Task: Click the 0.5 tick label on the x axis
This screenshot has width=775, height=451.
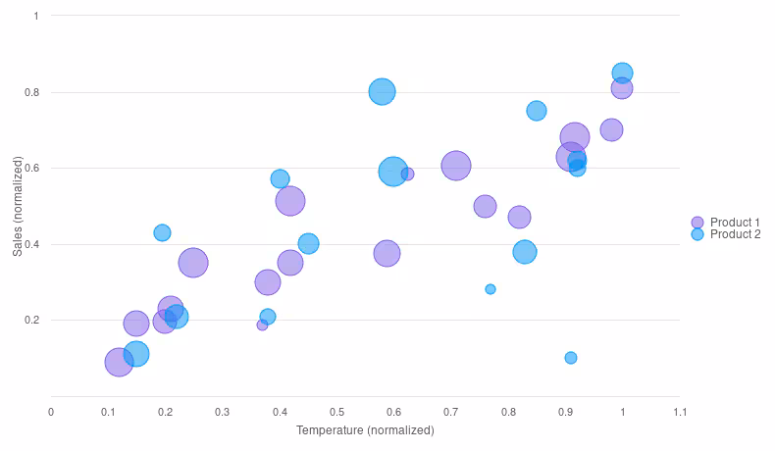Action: click(336, 412)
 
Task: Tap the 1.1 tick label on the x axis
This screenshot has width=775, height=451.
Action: click(679, 412)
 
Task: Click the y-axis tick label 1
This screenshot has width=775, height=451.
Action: click(36, 16)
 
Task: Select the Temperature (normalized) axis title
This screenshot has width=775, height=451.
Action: click(365, 430)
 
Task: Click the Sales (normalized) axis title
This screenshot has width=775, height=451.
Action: click(17, 206)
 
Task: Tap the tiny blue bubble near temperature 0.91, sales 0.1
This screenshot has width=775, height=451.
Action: click(571, 358)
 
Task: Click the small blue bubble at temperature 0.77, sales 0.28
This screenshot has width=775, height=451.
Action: click(491, 289)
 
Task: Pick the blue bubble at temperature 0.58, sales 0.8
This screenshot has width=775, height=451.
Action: click(382, 91)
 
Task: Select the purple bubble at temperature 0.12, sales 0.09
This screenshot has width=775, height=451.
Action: click(119, 362)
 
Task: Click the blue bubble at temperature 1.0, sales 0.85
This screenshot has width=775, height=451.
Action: click(622, 73)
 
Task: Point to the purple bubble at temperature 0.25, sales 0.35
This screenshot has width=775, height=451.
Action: click(193, 263)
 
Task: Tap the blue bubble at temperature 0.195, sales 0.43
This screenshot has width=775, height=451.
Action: click(162, 232)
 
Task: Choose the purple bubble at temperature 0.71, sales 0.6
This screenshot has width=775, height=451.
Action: click(456, 166)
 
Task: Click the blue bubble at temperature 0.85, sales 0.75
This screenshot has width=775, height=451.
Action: click(537, 111)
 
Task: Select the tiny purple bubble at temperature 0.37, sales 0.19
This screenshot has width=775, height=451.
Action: click(262, 325)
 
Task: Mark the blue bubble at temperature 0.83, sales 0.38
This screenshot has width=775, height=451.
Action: click(525, 252)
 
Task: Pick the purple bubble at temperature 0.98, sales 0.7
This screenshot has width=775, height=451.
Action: click(611, 129)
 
